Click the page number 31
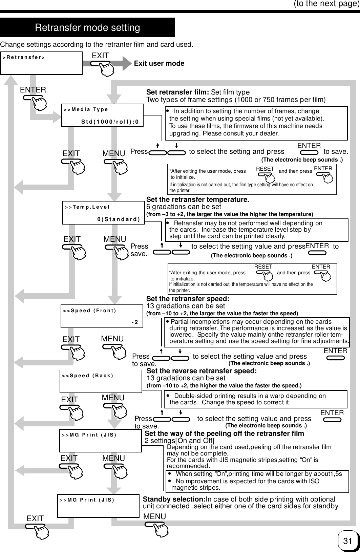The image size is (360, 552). pyautogui.click(x=347, y=541)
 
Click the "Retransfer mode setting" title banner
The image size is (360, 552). pyautogui.click(x=87, y=27)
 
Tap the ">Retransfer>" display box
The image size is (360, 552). pyautogui.click(x=41, y=63)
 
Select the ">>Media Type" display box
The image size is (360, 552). pyautogui.click(x=102, y=115)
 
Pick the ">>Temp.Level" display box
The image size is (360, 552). pyautogui.click(x=103, y=213)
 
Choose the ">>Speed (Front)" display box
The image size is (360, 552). pyautogui.click(x=102, y=316)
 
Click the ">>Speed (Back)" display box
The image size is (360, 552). pyautogui.click(x=101, y=381)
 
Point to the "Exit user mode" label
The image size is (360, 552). pyautogui.click(x=159, y=64)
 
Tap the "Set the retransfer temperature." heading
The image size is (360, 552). pyautogui.click(x=198, y=199)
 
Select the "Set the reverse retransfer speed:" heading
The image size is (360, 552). pyautogui.click(x=202, y=371)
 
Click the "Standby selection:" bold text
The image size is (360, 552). pyautogui.click(x=174, y=500)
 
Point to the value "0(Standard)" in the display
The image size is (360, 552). pyautogui.click(x=119, y=219)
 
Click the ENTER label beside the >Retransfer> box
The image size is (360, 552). pyautogui.click(x=33, y=90)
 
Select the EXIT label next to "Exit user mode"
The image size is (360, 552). pyautogui.click(x=100, y=56)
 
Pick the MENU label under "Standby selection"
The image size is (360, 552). pyautogui.click(x=155, y=516)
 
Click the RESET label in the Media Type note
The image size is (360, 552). pyautogui.click(x=265, y=169)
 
